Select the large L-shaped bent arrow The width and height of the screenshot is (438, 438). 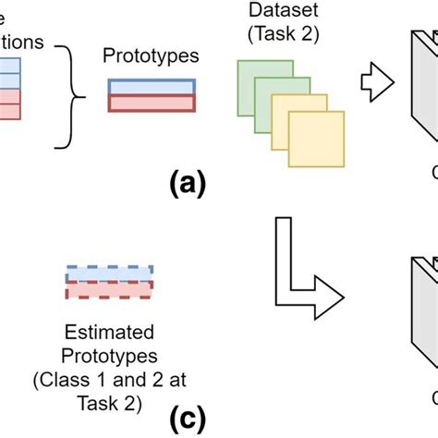[x=305, y=268]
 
